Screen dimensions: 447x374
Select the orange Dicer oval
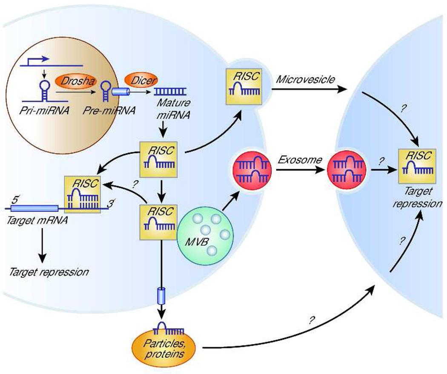click(x=141, y=80)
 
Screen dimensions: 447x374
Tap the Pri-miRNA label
click(x=44, y=111)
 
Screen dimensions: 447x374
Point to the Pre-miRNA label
click(x=109, y=111)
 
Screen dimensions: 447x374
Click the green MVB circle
click(x=205, y=235)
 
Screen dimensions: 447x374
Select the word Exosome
click(x=300, y=160)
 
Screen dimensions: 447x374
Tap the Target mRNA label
click(x=37, y=220)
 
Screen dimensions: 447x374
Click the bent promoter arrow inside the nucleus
click(x=37, y=60)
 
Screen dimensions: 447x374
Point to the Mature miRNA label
click(x=173, y=108)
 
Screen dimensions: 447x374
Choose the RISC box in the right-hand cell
click(x=417, y=166)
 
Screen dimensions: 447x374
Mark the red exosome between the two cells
click(x=346, y=170)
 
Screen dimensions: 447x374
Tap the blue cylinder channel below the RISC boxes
click(x=161, y=296)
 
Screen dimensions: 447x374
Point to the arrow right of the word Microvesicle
click(x=309, y=90)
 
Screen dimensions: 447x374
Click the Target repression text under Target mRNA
click(x=49, y=272)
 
